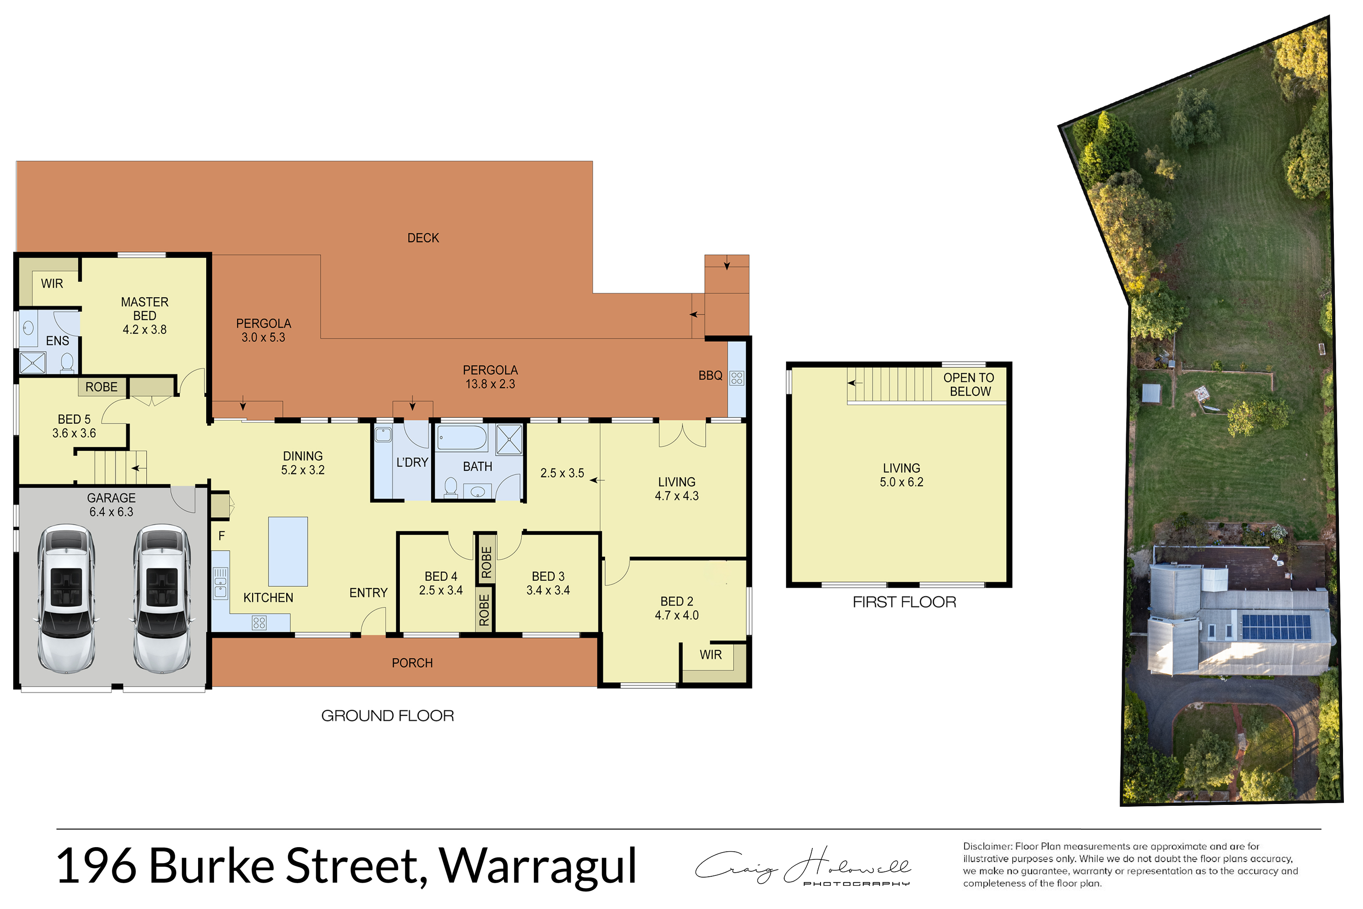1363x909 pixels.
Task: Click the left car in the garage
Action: (67, 599)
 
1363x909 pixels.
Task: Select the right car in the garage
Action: (162, 599)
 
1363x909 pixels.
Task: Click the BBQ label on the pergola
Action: (711, 376)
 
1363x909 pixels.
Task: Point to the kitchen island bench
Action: (288, 551)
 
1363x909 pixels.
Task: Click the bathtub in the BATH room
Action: (462, 438)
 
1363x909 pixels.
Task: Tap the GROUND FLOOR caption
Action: (388, 716)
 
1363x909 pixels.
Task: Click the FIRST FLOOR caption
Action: (904, 602)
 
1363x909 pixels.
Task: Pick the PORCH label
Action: (412, 663)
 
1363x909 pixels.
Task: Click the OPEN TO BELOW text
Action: (969, 385)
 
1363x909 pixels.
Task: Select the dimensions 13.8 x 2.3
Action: (490, 384)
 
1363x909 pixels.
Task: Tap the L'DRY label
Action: (412, 463)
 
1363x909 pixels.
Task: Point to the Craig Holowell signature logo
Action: (803, 866)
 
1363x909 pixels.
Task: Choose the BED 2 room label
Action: (677, 602)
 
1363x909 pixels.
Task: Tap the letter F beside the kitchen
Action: (221, 536)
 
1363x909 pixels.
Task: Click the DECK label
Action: (423, 238)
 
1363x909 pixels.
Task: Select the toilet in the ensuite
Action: (67, 362)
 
